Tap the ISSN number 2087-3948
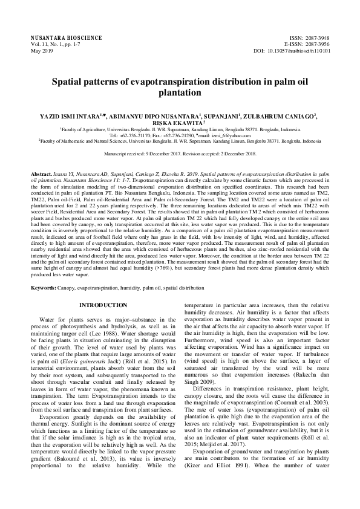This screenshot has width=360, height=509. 315,37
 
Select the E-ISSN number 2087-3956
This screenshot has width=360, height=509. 315,44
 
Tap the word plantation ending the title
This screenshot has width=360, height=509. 180,94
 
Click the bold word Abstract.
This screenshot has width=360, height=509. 42,173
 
